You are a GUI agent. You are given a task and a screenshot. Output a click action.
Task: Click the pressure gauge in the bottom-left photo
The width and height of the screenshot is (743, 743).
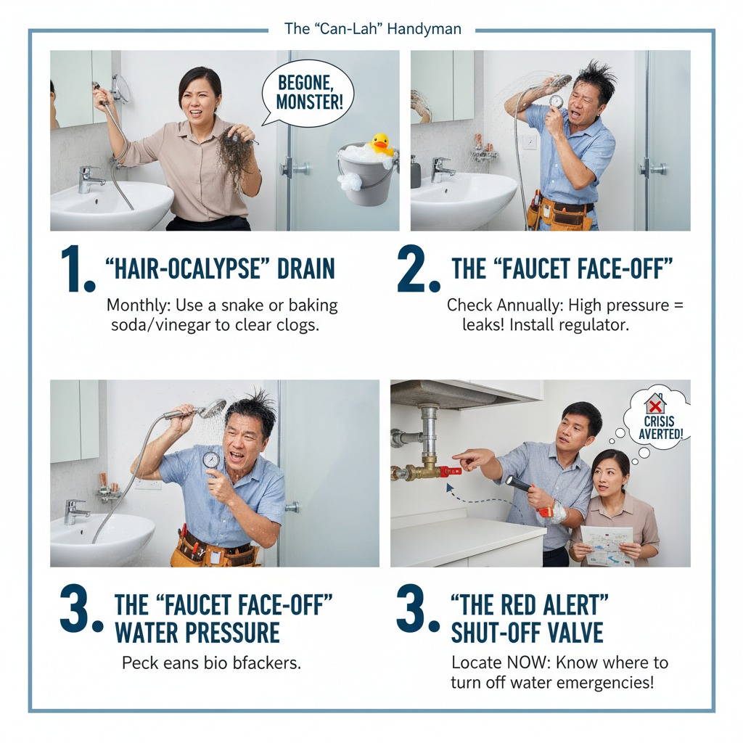click(x=212, y=460)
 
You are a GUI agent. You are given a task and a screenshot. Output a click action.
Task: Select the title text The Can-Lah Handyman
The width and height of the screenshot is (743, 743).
click(x=372, y=30)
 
